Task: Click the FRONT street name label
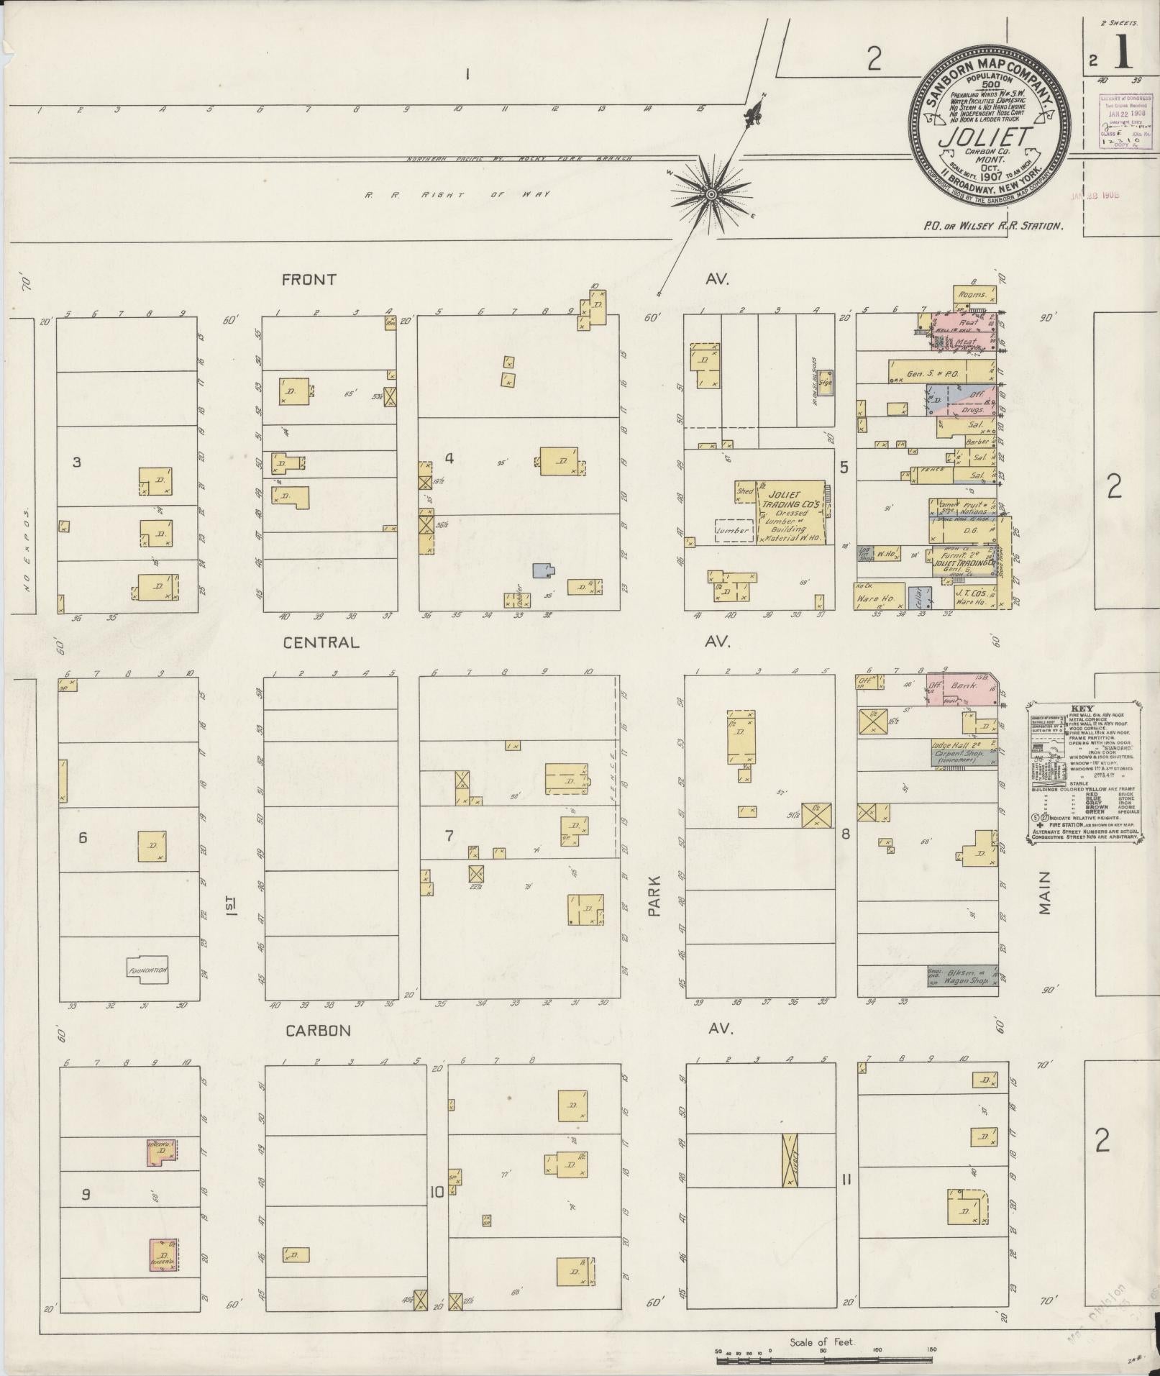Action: coord(309,280)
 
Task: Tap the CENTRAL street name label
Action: coord(321,642)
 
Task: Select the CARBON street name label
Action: coord(318,1031)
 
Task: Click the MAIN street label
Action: coord(1044,893)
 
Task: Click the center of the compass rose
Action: coord(711,193)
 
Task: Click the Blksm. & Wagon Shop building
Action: coord(962,975)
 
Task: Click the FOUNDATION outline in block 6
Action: coord(147,969)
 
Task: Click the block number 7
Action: coord(449,835)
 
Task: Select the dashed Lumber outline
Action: coord(733,530)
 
